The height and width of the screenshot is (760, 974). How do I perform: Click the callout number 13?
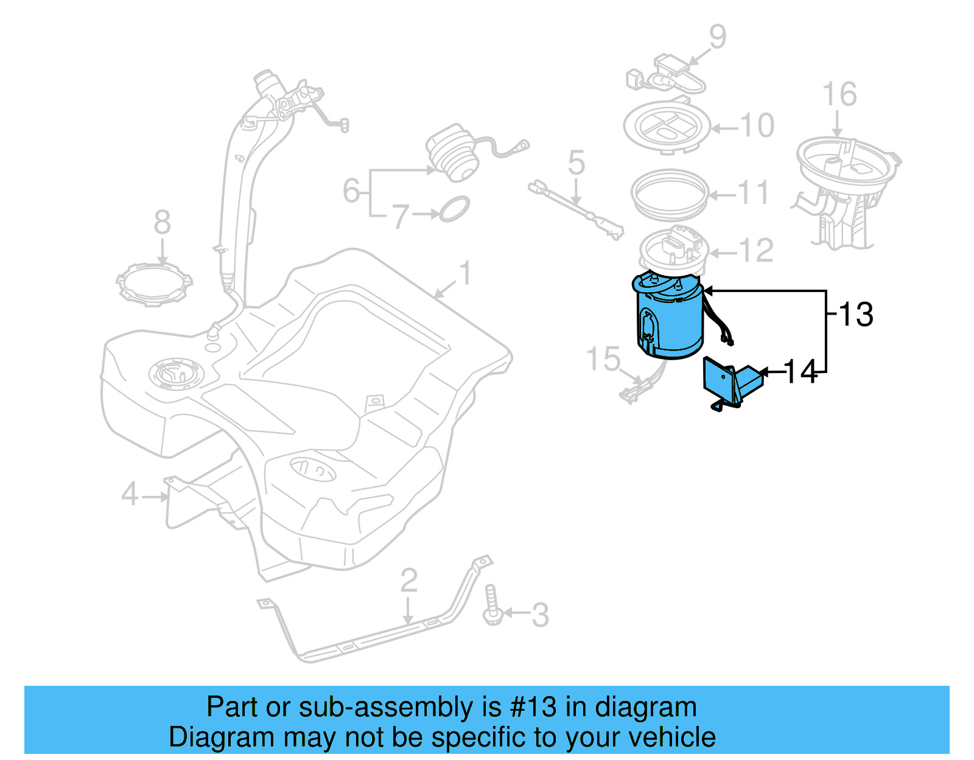pos(856,315)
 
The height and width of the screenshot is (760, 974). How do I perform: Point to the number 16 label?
pos(839,95)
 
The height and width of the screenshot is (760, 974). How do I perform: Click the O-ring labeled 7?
pos(454,209)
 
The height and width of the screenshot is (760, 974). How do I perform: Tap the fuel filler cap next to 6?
pos(451,155)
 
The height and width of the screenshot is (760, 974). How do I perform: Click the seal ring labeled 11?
pos(670,194)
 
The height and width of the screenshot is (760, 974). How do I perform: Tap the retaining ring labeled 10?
pos(667,127)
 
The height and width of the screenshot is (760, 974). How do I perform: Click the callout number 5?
pos(576,163)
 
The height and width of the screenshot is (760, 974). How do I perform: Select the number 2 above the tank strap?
pos(408,580)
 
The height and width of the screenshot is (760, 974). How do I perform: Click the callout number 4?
pos(130,493)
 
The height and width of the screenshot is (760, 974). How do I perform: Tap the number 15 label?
pos(603,359)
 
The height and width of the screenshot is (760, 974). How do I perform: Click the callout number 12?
pos(756,251)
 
